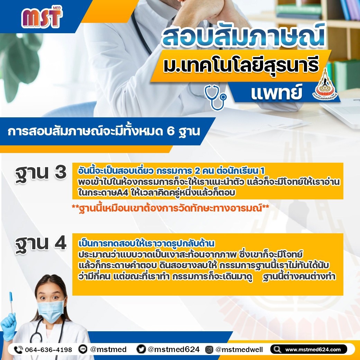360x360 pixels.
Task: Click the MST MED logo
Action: click(x=42, y=17)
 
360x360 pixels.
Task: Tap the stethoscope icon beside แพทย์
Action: click(x=215, y=97)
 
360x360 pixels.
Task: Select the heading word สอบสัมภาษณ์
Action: click(x=244, y=35)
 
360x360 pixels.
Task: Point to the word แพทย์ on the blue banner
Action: click(x=277, y=92)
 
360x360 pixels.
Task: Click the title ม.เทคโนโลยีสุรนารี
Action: click(x=241, y=65)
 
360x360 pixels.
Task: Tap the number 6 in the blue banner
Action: click(x=171, y=132)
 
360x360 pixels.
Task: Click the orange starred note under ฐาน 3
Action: click(x=170, y=208)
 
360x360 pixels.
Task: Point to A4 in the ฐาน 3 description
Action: click(x=123, y=192)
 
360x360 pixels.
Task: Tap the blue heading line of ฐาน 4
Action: click(x=146, y=243)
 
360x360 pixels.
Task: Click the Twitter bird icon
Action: click(x=141, y=349)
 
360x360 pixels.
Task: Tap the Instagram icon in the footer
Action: click(x=209, y=350)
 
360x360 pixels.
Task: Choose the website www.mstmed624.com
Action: click(x=313, y=350)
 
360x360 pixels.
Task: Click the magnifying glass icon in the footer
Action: click(x=277, y=350)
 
